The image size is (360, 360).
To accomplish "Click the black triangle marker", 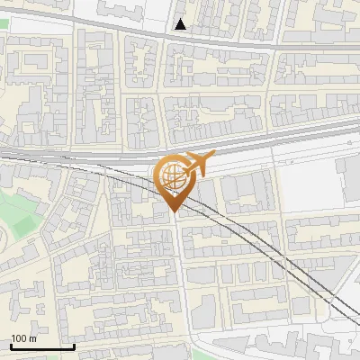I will (x=181, y=24).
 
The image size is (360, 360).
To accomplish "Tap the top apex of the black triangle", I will (x=181, y=19).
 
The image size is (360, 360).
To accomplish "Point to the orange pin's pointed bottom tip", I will (x=174, y=211).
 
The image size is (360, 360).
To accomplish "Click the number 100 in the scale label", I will (x=19, y=338).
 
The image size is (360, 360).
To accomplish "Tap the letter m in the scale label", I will (x=32, y=338).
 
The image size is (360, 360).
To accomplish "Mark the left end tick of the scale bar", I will (x=11, y=346).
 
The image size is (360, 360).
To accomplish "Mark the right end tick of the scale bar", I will (x=74, y=346).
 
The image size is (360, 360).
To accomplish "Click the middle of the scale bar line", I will (x=42, y=347).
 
